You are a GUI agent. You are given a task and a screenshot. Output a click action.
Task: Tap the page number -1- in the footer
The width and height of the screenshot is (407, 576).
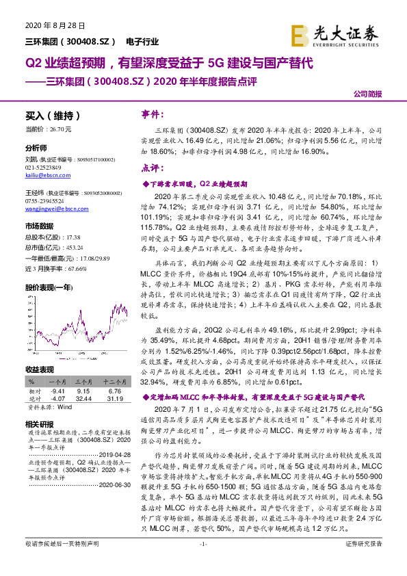(x=203, y=562)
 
